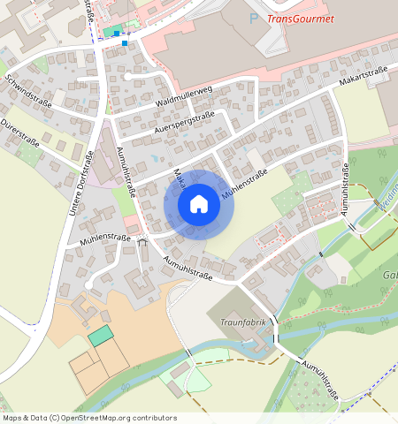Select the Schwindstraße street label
click(x=28, y=91)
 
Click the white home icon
click(x=199, y=204)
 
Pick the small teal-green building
click(x=101, y=336)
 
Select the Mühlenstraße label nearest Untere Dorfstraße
click(x=105, y=238)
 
